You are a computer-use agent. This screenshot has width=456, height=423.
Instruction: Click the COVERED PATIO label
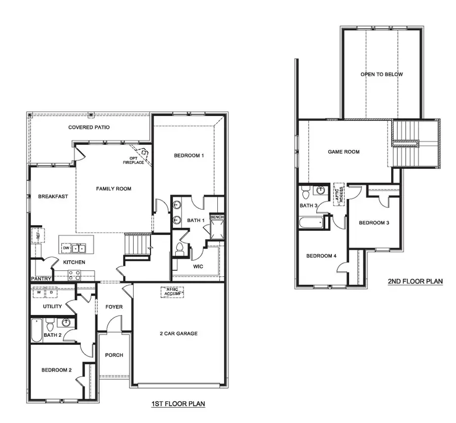89,127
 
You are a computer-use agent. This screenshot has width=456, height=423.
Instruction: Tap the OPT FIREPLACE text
133,161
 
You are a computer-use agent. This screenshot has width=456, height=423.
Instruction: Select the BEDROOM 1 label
188,156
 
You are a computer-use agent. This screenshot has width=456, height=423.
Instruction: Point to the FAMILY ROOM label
113,189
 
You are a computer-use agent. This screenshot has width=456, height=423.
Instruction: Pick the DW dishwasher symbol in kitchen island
66,248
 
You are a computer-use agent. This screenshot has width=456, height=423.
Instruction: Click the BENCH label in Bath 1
217,218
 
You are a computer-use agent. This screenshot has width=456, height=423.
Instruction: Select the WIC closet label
198,265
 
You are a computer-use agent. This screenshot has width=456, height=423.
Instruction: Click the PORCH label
114,355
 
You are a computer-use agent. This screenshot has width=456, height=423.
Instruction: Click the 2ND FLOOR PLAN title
415,281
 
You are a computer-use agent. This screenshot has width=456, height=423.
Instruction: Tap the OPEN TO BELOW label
382,75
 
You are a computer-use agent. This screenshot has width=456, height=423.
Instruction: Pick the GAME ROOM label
344,152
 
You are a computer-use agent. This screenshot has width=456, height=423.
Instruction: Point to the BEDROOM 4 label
321,256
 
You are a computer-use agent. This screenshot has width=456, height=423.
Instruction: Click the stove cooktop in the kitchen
74,275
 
